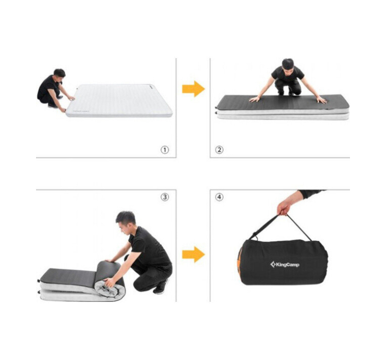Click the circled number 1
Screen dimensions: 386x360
tap(165, 150)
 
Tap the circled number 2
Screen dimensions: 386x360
tap(219, 150)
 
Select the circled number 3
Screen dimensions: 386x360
tap(165, 197)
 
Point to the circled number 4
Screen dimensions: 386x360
tap(219, 197)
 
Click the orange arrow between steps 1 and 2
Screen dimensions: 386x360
tap(194, 88)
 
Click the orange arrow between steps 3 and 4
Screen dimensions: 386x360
tap(194, 255)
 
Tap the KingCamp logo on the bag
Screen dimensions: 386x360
tap(285, 264)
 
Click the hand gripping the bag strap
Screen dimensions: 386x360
tap(283, 209)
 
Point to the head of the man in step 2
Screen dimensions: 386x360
tap(288, 65)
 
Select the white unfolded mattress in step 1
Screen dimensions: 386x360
tap(119, 100)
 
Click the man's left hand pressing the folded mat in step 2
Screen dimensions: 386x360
tap(322, 100)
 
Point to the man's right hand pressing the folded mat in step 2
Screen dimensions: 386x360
tap(255, 99)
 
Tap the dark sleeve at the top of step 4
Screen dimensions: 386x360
tap(311, 193)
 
